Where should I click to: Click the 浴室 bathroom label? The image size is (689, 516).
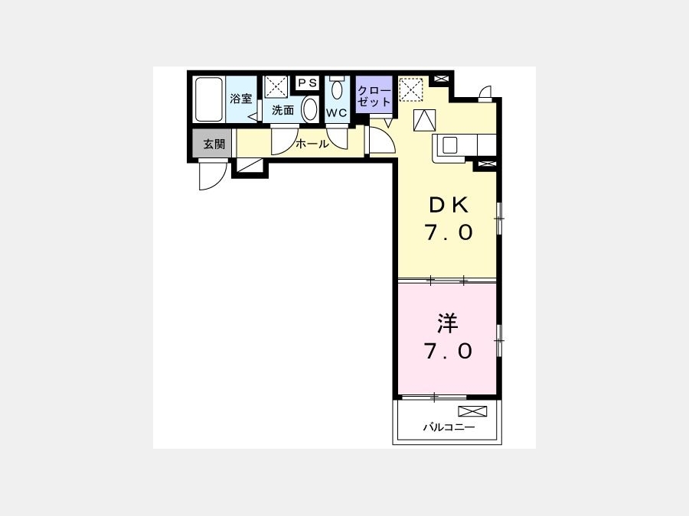(241, 99)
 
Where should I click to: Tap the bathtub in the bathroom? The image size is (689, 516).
(209, 99)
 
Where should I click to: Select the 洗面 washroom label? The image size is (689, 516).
(282, 110)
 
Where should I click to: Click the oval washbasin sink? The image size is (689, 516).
(310, 109)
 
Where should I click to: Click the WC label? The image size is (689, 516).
(337, 113)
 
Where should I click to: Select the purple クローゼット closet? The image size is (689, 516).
(374, 94)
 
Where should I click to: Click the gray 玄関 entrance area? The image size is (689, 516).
(212, 144)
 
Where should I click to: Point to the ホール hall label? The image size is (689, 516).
(312, 144)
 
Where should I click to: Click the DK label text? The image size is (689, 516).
(449, 205)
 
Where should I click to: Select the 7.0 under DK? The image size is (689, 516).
(449, 232)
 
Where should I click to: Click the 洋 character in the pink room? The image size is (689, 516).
(448, 323)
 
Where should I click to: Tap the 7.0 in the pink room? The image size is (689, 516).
(449, 351)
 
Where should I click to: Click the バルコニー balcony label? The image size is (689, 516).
(449, 427)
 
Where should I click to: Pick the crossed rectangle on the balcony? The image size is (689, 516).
(473, 411)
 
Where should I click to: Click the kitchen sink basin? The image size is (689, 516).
(450, 145)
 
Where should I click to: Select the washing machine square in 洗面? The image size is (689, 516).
(276, 87)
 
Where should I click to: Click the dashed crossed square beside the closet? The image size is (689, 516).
(411, 89)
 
